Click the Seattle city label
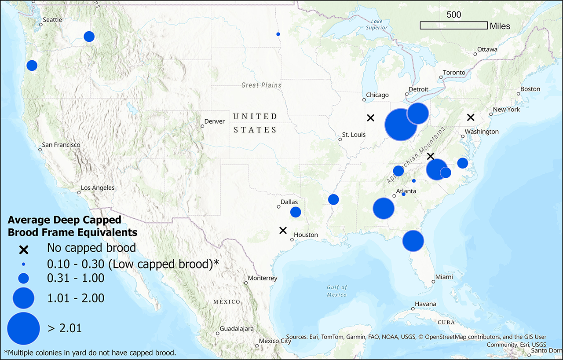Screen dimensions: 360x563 point(52,20)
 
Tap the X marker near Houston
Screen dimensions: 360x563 point(283,230)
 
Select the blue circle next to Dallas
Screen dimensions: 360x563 point(296,212)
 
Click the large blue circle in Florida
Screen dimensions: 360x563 point(413,241)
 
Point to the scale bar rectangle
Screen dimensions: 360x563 point(453,26)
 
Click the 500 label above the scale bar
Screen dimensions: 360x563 point(454,15)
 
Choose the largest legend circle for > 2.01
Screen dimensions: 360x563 point(24,328)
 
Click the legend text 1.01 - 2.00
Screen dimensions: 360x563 point(76,298)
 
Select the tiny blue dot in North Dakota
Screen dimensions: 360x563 point(278,34)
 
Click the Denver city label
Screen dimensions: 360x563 point(215,121)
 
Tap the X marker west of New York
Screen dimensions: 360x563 point(471,117)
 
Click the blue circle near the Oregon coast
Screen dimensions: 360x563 point(32,66)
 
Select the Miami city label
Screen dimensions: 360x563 point(444,277)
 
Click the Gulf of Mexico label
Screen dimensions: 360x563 point(336,291)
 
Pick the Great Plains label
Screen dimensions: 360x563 point(261,85)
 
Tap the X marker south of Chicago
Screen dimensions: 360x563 point(370,118)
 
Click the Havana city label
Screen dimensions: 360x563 point(425,304)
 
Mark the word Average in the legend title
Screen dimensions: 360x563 point(28,220)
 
